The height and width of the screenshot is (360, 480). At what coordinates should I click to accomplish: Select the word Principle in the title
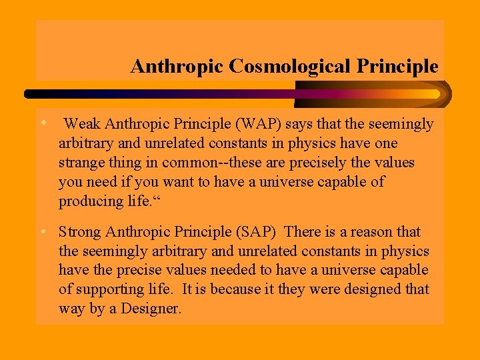coord(398,67)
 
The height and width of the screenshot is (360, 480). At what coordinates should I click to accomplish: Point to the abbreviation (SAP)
coord(259,232)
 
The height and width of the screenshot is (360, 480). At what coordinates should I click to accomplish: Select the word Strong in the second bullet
coord(80,232)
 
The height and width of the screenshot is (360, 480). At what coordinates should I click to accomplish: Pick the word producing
coord(89,201)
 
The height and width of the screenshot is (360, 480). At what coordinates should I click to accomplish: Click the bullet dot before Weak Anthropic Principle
coord(42,123)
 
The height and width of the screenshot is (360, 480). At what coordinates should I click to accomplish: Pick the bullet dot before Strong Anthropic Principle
coord(42,232)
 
